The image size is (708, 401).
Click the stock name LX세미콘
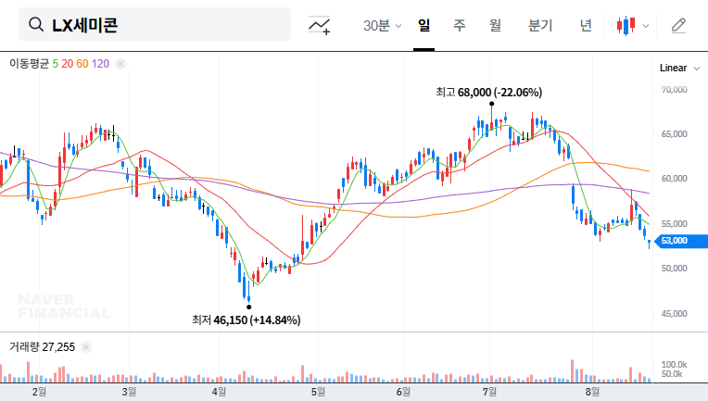[84, 25]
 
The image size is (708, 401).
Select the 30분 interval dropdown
[382, 25]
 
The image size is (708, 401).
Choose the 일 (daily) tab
[424, 25]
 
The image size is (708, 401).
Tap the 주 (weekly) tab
[460, 25]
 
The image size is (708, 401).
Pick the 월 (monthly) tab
[495, 25]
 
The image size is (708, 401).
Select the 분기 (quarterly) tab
[539, 25]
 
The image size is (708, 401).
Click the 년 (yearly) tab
[586, 25]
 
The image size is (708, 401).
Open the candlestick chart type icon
[632, 25]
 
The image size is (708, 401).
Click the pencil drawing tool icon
[678, 25]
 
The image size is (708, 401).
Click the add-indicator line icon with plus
[320, 25]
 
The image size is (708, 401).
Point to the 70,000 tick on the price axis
[674, 90]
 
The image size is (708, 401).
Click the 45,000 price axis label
[674, 312]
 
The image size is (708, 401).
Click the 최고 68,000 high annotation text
[489, 93]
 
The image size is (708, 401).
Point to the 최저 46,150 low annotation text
[246, 320]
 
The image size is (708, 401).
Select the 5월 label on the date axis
[319, 392]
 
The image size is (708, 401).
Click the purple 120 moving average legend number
[101, 63]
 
